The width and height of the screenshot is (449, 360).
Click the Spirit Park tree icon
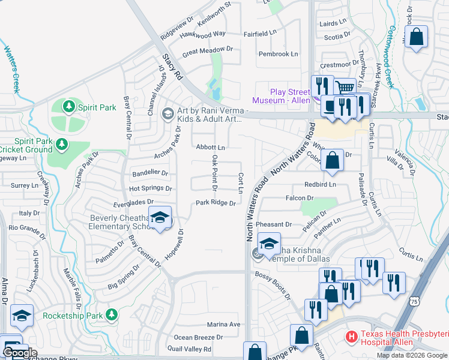(x=70, y=107)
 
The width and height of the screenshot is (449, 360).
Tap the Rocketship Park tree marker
(x=110, y=314)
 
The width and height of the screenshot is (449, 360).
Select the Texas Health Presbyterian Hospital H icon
(x=352, y=337)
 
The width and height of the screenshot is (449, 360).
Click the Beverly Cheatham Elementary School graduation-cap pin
(x=160, y=218)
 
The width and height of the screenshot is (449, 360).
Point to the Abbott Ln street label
(x=210, y=147)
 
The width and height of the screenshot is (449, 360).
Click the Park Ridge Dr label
(x=215, y=203)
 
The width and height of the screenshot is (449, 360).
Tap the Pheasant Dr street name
(x=273, y=224)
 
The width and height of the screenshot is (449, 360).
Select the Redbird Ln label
(x=321, y=184)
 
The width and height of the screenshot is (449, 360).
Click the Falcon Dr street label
(x=300, y=197)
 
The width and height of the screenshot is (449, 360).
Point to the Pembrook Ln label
(x=278, y=54)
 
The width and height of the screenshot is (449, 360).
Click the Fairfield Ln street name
(x=260, y=34)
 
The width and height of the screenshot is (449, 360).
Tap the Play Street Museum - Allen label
(x=290, y=96)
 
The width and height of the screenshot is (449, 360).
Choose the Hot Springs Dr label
(x=151, y=188)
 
